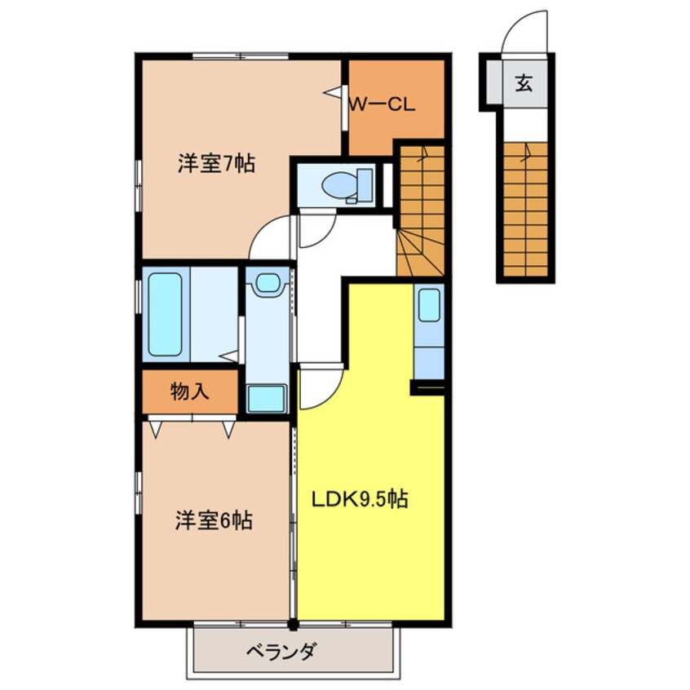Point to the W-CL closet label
click(x=383, y=104)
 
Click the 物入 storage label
click(x=189, y=391)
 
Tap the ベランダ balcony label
click(x=281, y=652)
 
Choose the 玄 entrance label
click(x=524, y=82)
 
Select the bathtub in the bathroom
click(x=166, y=313)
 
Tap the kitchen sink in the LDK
click(x=430, y=305)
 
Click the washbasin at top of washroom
click(x=267, y=284)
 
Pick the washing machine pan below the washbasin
click(x=267, y=398)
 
